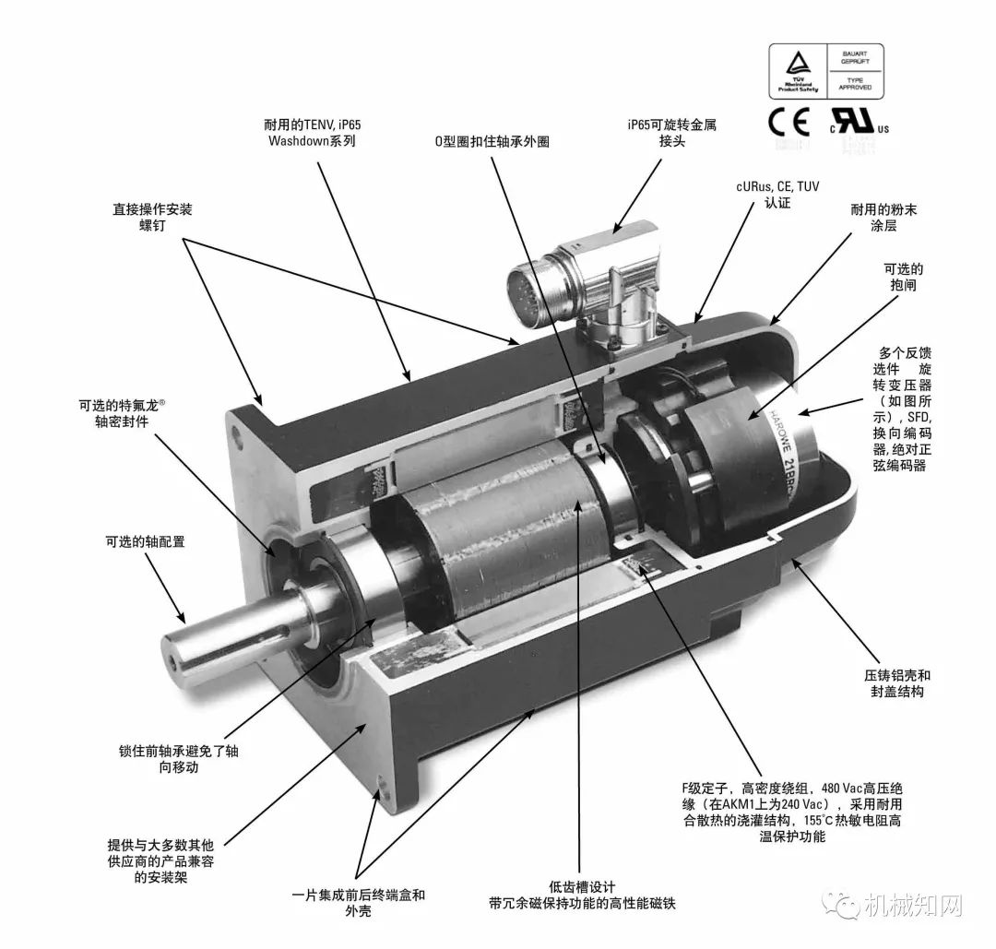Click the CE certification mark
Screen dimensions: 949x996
pyautogui.click(x=788, y=122)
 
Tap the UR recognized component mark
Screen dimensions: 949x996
pyautogui.click(x=858, y=123)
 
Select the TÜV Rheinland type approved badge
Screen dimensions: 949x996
pyautogui.click(x=825, y=71)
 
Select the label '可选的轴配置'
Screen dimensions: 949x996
pyautogui.click(x=145, y=541)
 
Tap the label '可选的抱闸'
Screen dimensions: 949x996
pyautogui.click(x=903, y=278)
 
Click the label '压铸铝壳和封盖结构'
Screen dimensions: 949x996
pyautogui.click(x=896, y=683)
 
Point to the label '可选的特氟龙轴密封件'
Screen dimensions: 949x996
pyautogui.click(x=122, y=412)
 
